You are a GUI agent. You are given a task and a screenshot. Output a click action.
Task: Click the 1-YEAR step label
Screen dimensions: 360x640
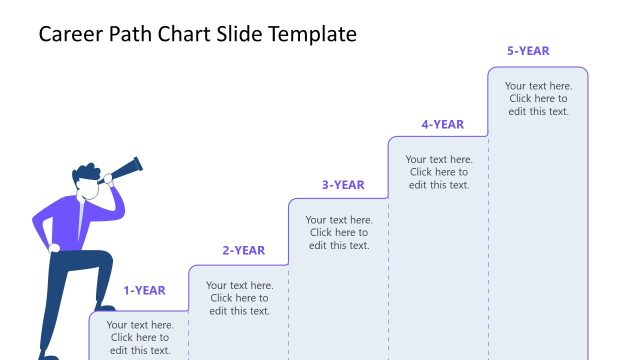(144, 291)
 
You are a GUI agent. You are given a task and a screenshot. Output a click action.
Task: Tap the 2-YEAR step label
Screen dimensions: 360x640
(243, 250)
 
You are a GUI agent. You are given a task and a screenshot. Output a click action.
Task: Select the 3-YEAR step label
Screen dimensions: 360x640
(343, 185)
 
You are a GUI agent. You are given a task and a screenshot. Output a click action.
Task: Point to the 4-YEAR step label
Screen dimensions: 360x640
(442, 125)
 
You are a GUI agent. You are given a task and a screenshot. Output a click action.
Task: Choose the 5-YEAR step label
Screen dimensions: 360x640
(528, 51)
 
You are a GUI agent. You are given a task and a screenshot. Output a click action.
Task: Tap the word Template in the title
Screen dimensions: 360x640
(309, 34)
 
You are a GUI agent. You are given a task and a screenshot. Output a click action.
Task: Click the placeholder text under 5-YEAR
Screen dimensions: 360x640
(538, 98)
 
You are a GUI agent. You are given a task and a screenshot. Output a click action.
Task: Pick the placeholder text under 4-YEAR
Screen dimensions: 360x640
(439, 172)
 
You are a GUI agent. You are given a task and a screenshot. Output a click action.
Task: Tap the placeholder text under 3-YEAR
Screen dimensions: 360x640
(339, 232)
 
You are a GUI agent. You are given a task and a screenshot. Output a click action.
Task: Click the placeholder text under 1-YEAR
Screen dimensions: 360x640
(140, 337)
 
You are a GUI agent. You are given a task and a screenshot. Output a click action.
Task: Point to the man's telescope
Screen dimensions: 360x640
(125, 168)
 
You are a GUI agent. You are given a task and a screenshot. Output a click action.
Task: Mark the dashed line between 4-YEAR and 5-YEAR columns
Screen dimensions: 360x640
(488, 250)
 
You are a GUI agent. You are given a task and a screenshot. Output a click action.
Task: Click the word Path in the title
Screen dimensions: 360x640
(133, 34)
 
